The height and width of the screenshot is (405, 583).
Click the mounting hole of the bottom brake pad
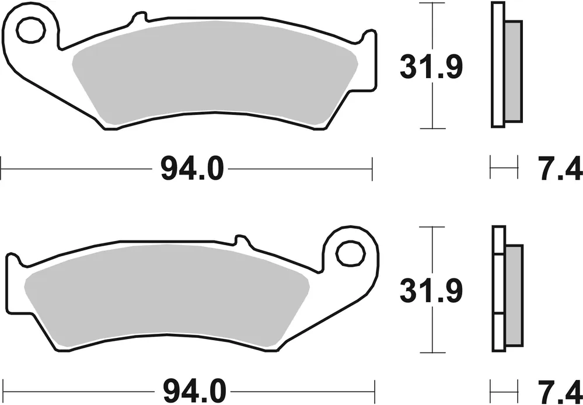[x=348, y=252]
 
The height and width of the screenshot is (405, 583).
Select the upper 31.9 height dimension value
[x=431, y=68]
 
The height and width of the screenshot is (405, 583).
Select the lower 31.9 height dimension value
[x=431, y=289]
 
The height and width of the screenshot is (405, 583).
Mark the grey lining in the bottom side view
[x=514, y=295]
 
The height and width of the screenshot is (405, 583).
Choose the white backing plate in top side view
[x=497, y=64]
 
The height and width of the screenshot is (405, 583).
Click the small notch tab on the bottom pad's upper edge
[x=241, y=239]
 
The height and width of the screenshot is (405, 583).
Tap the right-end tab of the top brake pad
[x=369, y=58]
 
